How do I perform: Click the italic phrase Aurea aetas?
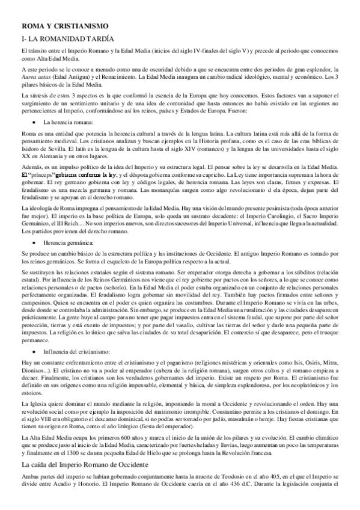37,78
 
